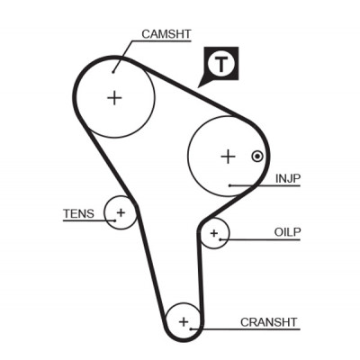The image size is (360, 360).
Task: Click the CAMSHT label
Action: pos(166,34)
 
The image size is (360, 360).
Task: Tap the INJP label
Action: pos(288,178)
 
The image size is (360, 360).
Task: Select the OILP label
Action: pos(287,232)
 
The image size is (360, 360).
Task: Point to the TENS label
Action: pos(78,213)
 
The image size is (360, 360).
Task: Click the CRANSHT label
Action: pos(268,322)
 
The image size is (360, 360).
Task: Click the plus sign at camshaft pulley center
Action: pos(114,97)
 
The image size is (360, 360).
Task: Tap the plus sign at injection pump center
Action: pos(228,157)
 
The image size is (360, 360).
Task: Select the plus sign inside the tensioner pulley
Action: pos(121,212)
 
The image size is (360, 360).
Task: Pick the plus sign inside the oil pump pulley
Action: pos(214,233)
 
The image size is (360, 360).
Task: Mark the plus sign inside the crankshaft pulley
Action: pos(184,322)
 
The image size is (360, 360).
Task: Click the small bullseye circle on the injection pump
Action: pos(257,156)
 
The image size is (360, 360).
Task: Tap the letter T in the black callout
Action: pos(221,64)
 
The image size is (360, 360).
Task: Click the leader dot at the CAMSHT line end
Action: pos(113,72)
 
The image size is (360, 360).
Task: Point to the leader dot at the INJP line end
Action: pos(230,185)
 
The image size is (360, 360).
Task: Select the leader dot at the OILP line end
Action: pos(220,239)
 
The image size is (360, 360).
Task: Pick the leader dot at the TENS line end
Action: pos(115,220)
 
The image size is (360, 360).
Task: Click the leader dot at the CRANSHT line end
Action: pos(191,329)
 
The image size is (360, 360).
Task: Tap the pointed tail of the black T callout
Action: pos(198,87)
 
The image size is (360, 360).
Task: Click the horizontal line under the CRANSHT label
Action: pos(246,329)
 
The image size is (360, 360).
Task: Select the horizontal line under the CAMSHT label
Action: pos(162,40)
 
